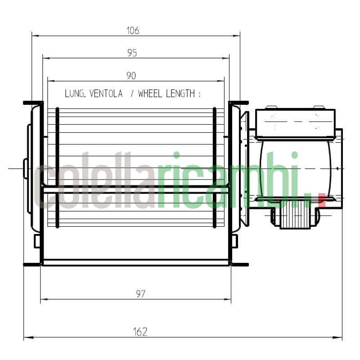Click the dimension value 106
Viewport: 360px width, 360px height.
[x=133, y=31]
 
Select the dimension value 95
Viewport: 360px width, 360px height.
[x=132, y=53]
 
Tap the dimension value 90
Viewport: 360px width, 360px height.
[x=131, y=76]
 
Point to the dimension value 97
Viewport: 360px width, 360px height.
[x=140, y=294]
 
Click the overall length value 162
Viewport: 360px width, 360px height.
[x=140, y=332]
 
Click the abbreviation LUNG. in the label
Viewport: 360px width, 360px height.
[x=76, y=94]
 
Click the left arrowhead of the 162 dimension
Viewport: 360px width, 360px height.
[x=26, y=337]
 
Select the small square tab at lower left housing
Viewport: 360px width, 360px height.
[x=38, y=241]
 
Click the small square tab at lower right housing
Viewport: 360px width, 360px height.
[x=234, y=241]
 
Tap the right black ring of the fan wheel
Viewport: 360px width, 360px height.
[x=215, y=166]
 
